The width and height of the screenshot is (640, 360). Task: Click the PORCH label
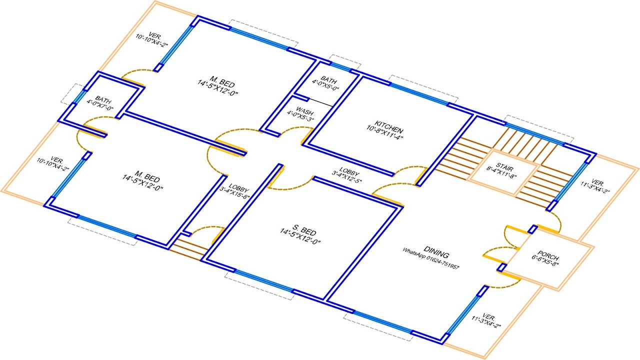point(548,253)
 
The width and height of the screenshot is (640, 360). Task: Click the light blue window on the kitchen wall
point(418,93)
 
